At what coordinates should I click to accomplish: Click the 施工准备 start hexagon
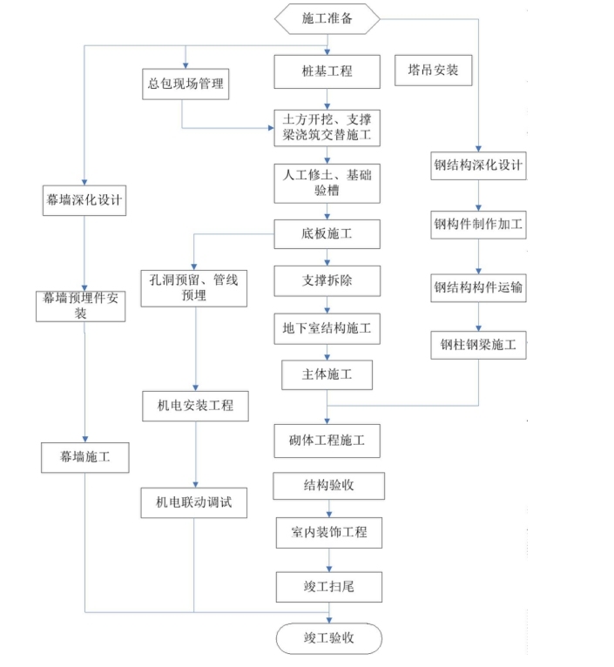coord(327,18)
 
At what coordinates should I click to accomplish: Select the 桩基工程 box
coord(327,71)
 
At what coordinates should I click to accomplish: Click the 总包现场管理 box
coord(186,84)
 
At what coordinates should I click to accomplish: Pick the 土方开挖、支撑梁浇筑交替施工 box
coord(327,127)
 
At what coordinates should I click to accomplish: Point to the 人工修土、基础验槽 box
coord(327,183)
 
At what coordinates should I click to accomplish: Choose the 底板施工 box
coord(327,232)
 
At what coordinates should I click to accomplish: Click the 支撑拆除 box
coord(327,282)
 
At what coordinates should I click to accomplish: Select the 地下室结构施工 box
coord(327,329)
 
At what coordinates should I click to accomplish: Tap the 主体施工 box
coord(327,375)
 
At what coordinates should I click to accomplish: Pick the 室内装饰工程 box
coord(327,531)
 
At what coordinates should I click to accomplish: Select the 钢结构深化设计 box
coord(478,165)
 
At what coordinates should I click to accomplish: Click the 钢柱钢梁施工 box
coord(478,346)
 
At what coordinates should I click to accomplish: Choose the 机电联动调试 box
coord(193,502)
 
